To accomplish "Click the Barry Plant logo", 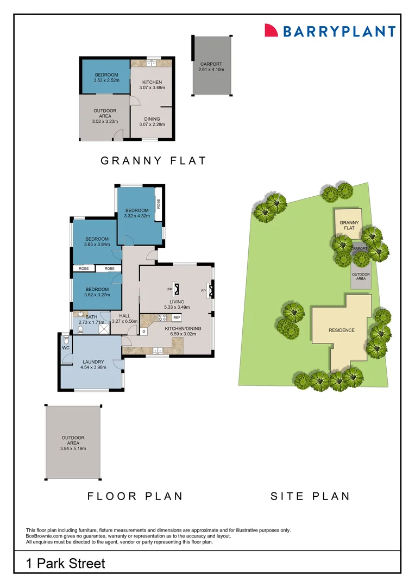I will (x=330, y=31).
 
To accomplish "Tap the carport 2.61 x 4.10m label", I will (x=211, y=67).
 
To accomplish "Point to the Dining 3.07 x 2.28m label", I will (x=152, y=122).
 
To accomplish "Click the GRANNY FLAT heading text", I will (x=154, y=160).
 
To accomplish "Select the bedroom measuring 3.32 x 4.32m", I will (x=136, y=213).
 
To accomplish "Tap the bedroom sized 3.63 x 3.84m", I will (x=97, y=241).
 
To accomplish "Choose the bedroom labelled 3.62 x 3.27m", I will (x=97, y=292).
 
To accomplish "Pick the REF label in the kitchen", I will (x=177, y=317).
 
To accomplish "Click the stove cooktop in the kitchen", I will (x=161, y=319).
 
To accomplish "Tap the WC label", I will (x=66, y=347).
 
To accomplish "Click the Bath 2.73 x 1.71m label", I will (x=91, y=320).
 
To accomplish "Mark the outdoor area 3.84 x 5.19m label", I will (x=73, y=443).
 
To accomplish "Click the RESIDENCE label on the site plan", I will (x=341, y=330).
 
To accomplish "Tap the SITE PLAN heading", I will (x=311, y=496).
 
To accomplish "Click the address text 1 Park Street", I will (x=66, y=563).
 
